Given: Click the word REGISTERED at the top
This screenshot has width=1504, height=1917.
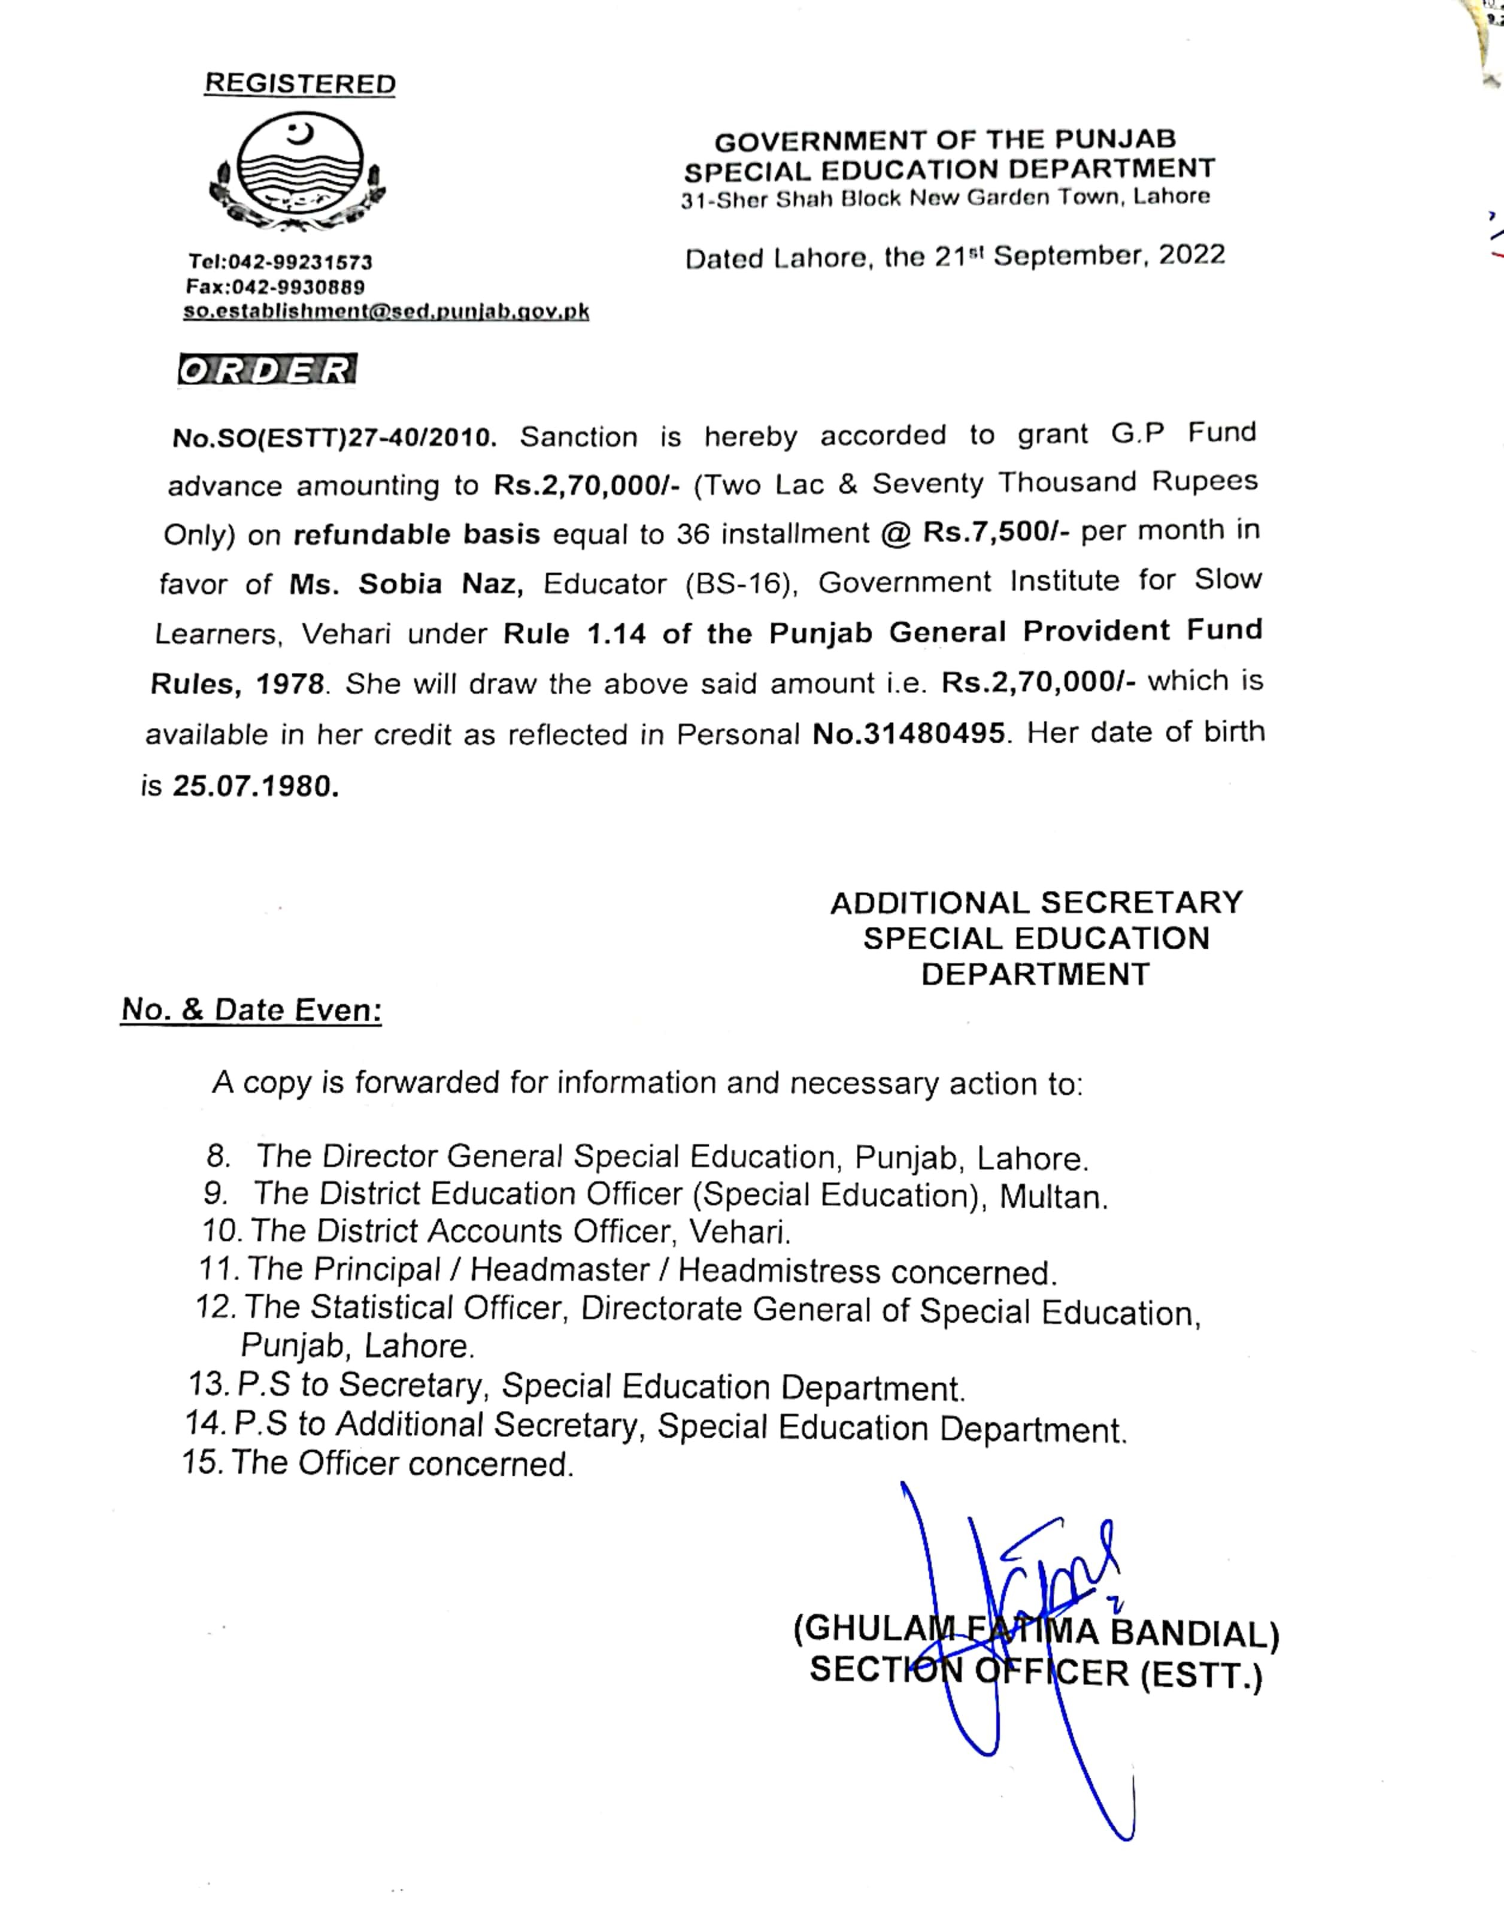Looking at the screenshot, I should pyautogui.click(x=299, y=84).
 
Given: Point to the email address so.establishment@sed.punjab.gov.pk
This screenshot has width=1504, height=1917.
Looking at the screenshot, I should pyautogui.click(x=386, y=311).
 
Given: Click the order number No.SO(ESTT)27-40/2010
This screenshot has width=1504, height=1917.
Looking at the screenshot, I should pyautogui.click(x=335, y=438).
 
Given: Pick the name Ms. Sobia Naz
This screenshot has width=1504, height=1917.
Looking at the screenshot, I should pyautogui.click(x=406, y=584).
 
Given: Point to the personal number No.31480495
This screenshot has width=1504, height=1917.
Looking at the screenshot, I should pyautogui.click(x=908, y=734).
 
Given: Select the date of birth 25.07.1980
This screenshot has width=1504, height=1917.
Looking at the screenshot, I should pyautogui.click(x=256, y=786).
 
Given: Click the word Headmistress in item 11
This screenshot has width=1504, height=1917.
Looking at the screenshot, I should pyautogui.click(x=778, y=1271).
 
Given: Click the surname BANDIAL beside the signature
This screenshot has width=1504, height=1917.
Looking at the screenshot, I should pyautogui.click(x=1193, y=1633).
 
